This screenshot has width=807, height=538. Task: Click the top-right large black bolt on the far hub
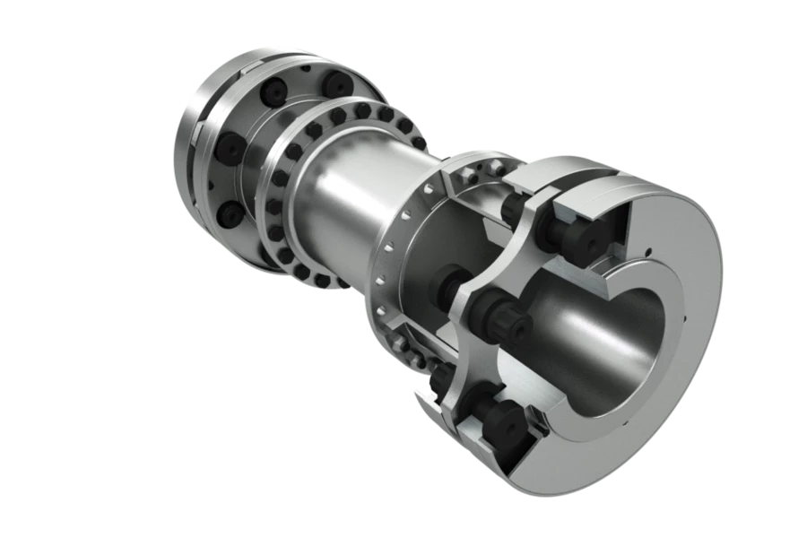340,85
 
